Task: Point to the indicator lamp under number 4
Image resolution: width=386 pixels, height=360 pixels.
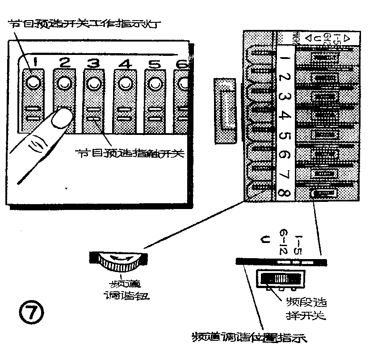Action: [124, 83]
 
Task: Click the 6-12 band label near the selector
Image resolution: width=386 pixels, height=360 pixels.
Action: [283, 241]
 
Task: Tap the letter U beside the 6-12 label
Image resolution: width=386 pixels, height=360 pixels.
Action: [264, 242]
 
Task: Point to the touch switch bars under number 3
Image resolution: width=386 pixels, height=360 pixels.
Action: [93, 114]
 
